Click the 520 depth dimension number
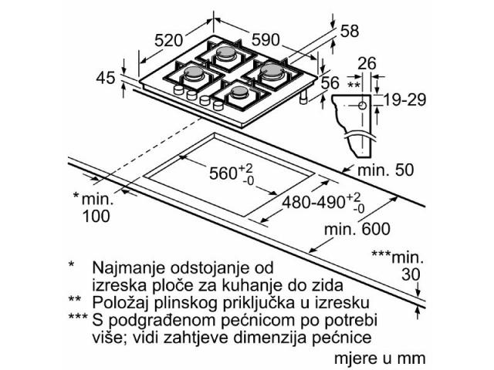[x=168, y=40]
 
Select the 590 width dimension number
[x=266, y=39]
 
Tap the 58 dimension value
[x=350, y=31]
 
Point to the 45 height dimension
[x=106, y=77]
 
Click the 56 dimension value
[x=330, y=82]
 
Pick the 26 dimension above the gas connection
[x=367, y=63]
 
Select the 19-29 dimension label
[x=404, y=99]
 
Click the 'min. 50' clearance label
[x=386, y=170]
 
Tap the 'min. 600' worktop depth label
[x=357, y=229]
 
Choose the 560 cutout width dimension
[x=231, y=173]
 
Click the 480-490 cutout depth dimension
[x=323, y=202]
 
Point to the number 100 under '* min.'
[x=96, y=216]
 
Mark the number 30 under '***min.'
[x=411, y=274]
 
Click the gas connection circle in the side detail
[x=362, y=106]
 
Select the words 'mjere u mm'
[x=380, y=358]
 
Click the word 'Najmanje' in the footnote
[x=129, y=268]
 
